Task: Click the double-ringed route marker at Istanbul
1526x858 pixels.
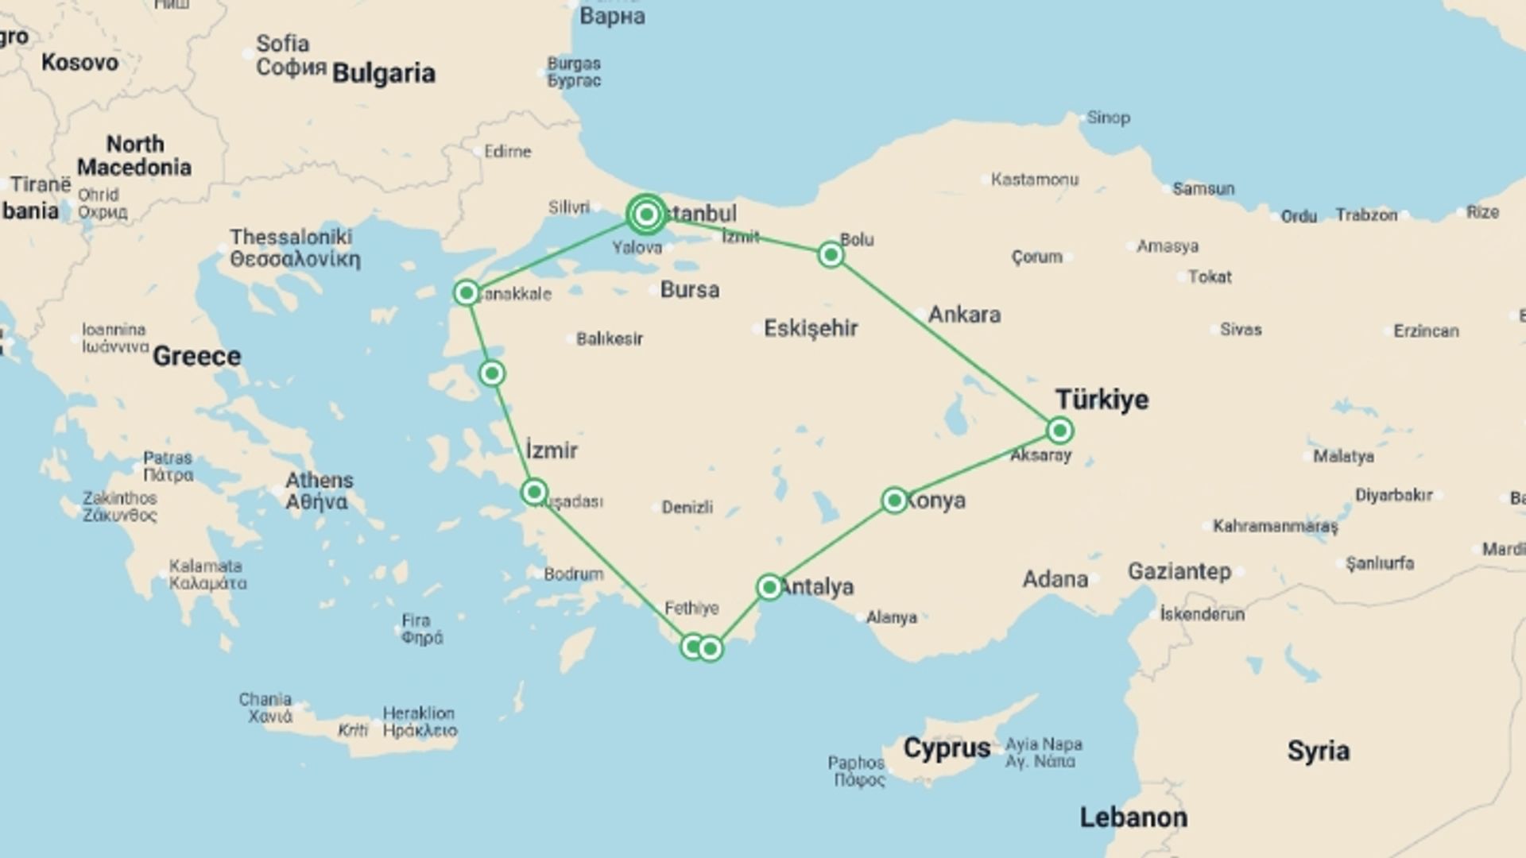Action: (646, 214)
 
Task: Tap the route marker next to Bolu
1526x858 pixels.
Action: (831, 254)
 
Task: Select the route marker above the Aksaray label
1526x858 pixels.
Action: (1059, 431)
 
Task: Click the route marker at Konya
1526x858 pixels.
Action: (894, 500)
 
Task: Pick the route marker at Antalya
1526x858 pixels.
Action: (769, 587)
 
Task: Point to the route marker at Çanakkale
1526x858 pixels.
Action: (467, 293)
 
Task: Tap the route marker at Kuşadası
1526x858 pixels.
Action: (534, 493)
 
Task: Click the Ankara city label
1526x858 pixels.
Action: (964, 315)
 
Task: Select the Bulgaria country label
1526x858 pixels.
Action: (383, 74)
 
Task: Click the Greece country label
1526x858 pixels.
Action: (196, 357)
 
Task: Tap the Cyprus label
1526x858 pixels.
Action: (947, 748)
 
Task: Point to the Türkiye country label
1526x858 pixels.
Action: (1102, 400)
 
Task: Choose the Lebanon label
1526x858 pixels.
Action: (1133, 817)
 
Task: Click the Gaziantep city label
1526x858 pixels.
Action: (1179, 571)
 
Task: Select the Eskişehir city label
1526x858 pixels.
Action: (811, 328)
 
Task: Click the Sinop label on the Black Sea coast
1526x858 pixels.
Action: (1108, 118)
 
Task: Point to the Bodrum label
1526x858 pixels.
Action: (573, 574)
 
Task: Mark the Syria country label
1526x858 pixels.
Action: (1318, 751)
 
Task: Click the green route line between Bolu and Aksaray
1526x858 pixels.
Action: (946, 342)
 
